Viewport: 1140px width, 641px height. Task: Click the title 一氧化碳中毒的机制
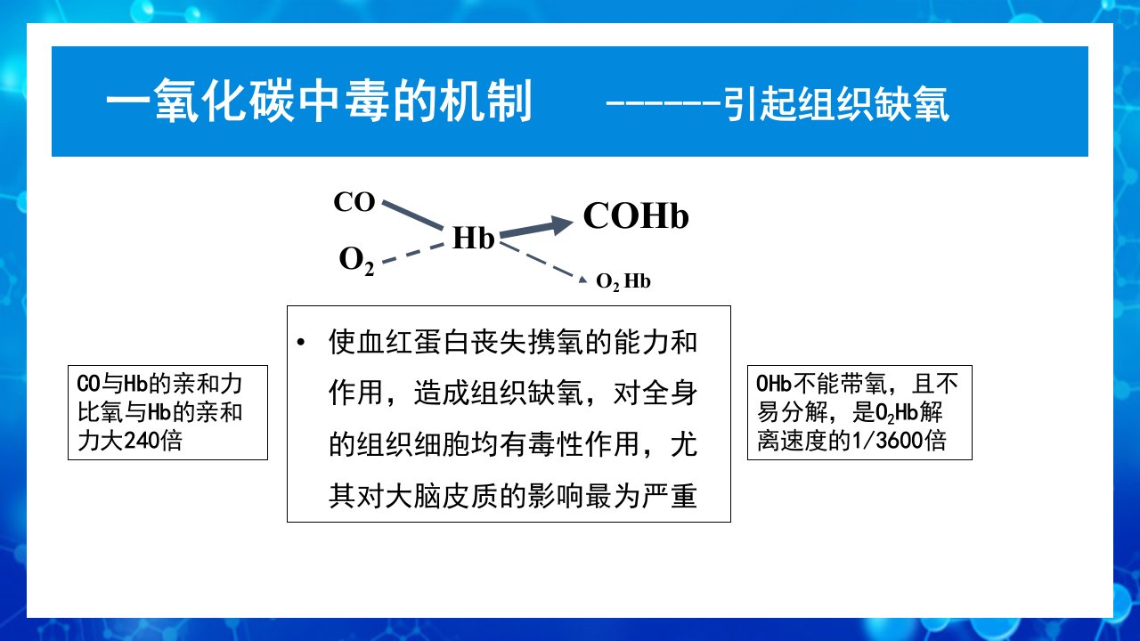(x=319, y=101)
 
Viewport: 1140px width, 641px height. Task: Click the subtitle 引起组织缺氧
(x=836, y=104)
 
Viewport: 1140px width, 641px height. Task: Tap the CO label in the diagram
(x=354, y=202)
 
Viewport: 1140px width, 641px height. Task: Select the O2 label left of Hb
(x=356, y=261)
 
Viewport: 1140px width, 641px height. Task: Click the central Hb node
(x=473, y=238)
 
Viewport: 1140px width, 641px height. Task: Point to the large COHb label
(x=636, y=215)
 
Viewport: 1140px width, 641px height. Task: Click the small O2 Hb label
(x=623, y=281)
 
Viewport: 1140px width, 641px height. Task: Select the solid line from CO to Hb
(x=412, y=215)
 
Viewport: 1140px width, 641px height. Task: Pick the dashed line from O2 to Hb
(x=412, y=254)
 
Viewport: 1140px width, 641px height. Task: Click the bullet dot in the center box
(x=301, y=342)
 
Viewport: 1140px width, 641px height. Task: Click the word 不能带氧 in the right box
(x=840, y=384)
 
